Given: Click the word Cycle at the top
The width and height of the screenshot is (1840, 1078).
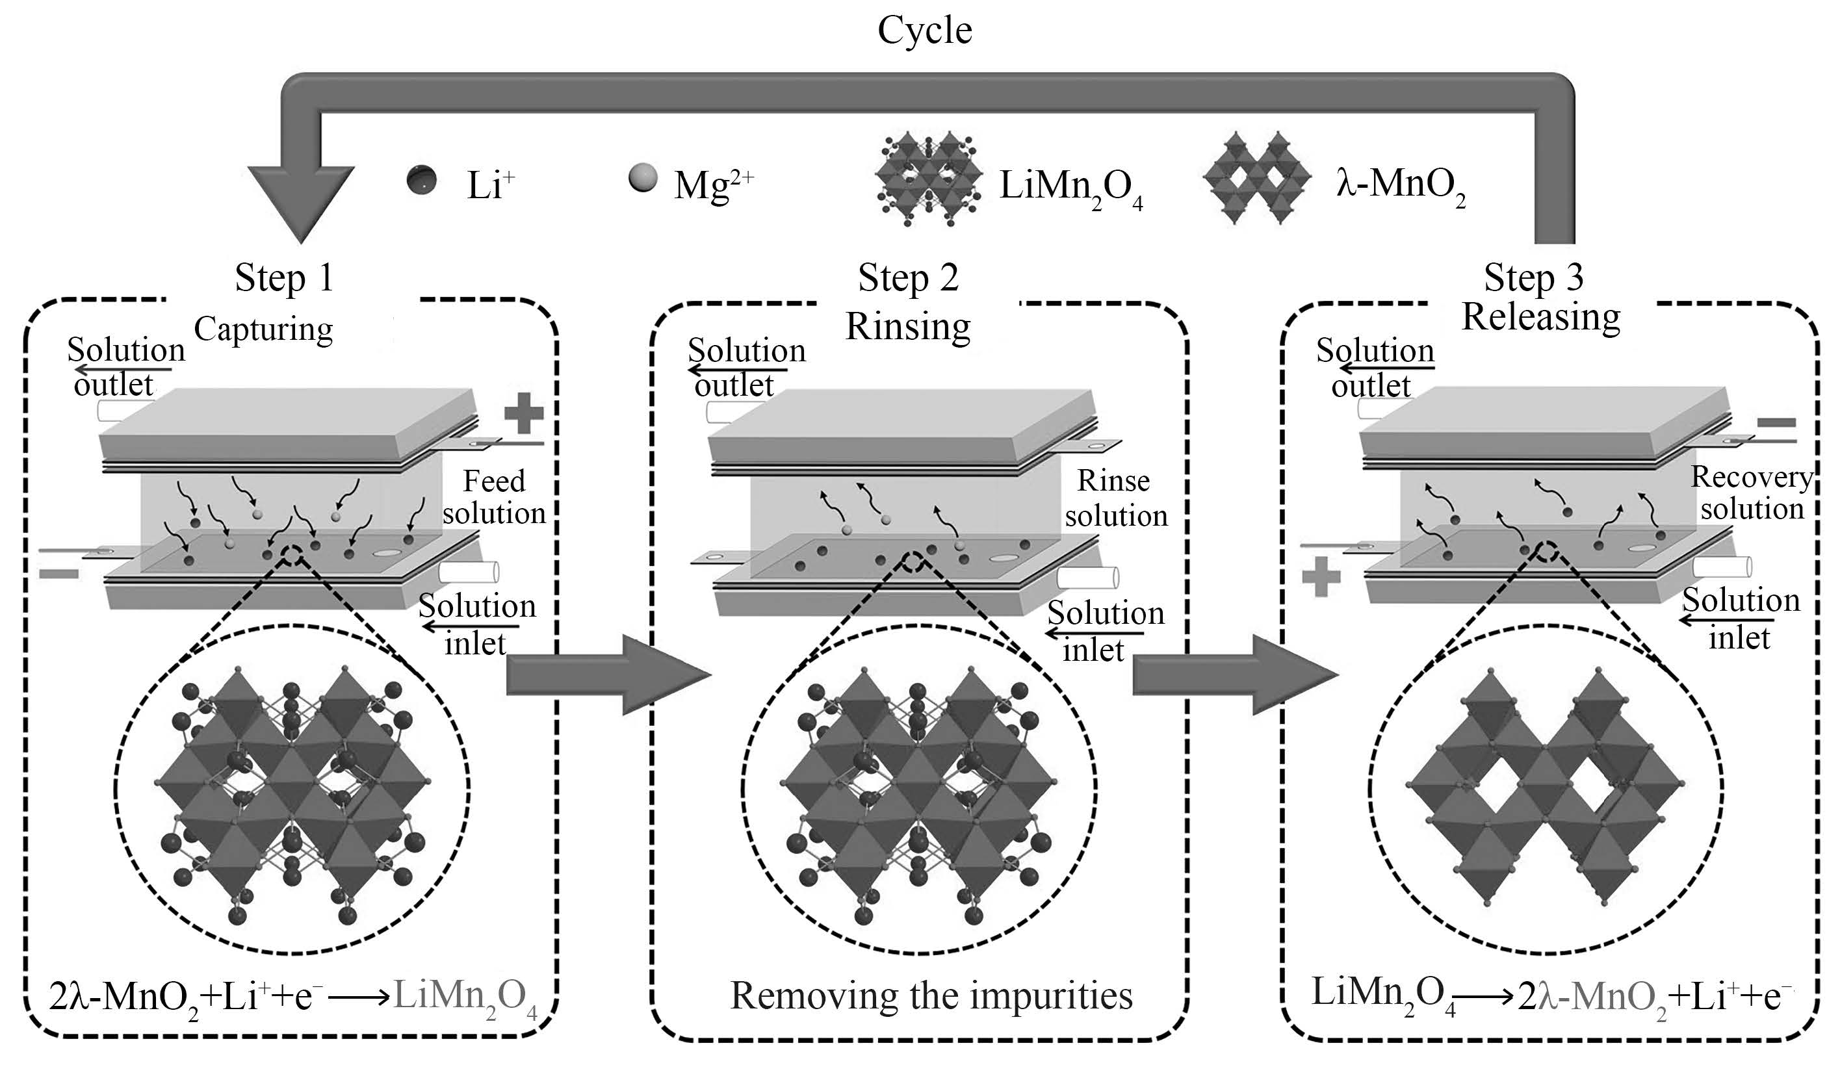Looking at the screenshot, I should pyautogui.click(x=924, y=31).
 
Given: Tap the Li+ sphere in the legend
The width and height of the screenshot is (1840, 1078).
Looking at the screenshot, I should pyautogui.click(x=422, y=179).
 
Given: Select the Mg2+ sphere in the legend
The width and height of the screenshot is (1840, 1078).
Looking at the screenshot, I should pyautogui.click(x=643, y=178).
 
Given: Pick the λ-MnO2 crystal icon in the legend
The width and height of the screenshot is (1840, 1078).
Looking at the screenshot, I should pyautogui.click(x=1258, y=178).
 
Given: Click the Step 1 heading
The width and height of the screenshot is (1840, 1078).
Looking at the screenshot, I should pyautogui.click(x=284, y=278).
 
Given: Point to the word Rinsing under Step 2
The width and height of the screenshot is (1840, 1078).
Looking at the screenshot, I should pyautogui.click(x=907, y=326).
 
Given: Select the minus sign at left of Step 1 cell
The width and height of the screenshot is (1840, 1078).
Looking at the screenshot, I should pyautogui.click(x=58, y=574).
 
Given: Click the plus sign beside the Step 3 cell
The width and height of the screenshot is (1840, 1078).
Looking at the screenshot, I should pyautogui.click(x=1321, y=576).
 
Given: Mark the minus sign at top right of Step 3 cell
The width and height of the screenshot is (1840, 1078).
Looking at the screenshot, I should pyautogui.click(x=1776, y=422).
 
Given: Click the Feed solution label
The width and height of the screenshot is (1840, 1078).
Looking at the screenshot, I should pyautogui.click(x=495, y=497).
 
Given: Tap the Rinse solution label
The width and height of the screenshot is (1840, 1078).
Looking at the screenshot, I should pyautogui.click(x=1115, y=498).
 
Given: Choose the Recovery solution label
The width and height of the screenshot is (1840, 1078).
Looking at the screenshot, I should pyautogui.click(x=1751, y=493).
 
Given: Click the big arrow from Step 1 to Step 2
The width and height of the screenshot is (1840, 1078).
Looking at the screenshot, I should pyautogui.click(x=606, y=674).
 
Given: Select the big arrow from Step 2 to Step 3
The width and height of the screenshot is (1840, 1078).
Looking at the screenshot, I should pyautogui.click(x=1234, y=674).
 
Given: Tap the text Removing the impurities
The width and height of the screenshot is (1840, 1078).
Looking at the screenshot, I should pyautogui.click(x=931, y=996).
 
